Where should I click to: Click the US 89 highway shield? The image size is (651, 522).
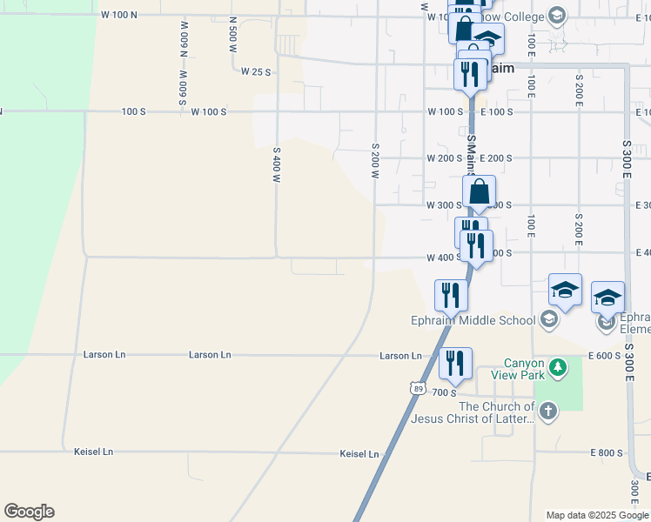pos(419,389)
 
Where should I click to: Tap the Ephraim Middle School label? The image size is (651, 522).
pos(473,320)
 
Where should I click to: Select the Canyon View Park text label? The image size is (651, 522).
pos(525,369)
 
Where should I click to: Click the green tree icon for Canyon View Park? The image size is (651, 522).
pos(558,369)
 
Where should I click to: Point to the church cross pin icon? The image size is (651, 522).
pos(547,412)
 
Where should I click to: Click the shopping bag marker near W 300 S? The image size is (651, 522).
pos(480,192)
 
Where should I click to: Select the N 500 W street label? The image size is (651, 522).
pos(232,36)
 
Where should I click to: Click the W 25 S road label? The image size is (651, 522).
pos(257,71)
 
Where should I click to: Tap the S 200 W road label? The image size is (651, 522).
pos(376,161)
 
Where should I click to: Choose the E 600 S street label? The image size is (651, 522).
pos(606,355)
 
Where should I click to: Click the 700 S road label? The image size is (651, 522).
pos(444,393)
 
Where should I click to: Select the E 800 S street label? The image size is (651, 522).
pos(606,453)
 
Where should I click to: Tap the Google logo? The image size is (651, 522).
pos(29,512)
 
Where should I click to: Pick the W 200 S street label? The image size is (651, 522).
pos(444,158)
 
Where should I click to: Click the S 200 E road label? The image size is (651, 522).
pos(579,90)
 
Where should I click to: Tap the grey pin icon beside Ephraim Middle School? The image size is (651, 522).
pos(548,320)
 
